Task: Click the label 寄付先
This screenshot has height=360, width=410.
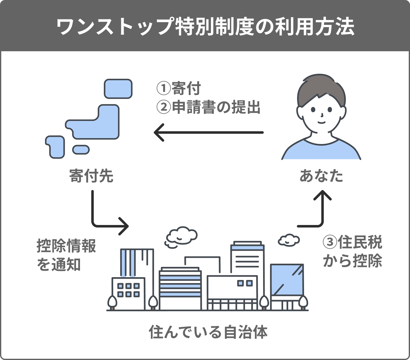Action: pos(91,176)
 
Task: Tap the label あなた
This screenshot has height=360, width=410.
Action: pos(321,176)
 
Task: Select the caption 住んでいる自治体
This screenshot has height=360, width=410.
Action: pos(208,332)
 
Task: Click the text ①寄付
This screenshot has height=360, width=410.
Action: pos(179,89)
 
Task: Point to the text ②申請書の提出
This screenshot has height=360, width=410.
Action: pos(208,107)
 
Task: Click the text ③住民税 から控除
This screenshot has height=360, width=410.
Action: pos(352,252)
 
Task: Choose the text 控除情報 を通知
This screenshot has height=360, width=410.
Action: pos(66,255)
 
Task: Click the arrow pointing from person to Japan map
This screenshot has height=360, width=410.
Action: pos(209,132)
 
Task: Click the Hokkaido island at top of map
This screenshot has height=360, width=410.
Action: pos(118,89)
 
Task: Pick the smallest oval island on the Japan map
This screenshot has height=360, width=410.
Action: pos(81,150)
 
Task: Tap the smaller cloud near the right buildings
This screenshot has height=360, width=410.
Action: pos(288,240)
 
